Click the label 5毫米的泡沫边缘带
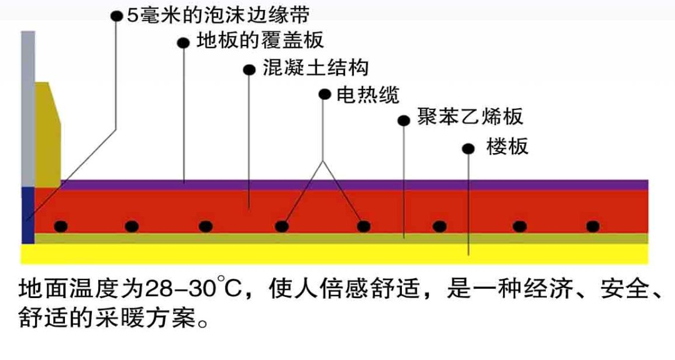[218, 14]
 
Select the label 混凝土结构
[316, 67]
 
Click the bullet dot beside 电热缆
[324, 94]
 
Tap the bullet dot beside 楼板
[468, 149]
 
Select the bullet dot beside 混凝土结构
[249, 69]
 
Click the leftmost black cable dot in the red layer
[60, 226]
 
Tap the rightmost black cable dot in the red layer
[592, 226]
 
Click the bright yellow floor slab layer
[337, 253]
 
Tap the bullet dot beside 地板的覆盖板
[183, 43]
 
